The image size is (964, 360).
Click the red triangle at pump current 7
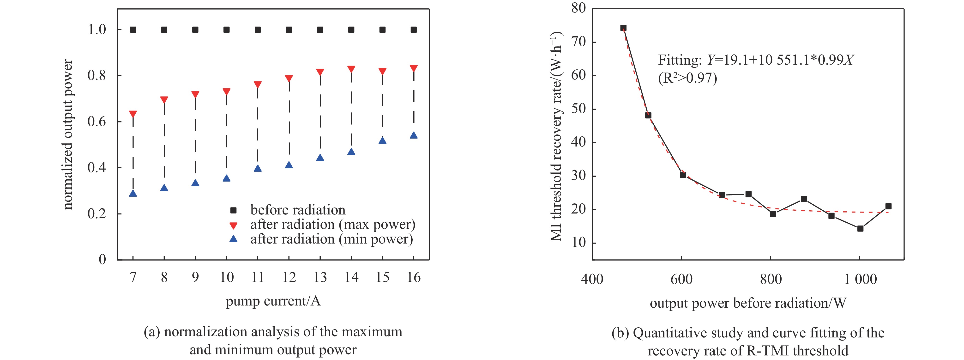[x=133, y=114]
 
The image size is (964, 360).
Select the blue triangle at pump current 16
[x=414, y=135]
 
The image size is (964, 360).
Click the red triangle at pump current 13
[x=320, y=72]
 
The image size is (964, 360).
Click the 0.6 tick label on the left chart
[x=96, y=122]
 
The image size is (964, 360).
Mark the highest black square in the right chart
[x=623, y=28]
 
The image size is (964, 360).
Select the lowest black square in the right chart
[x=860, y=229]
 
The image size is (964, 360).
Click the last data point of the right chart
[x=888, y=206]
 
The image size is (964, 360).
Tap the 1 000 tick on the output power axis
[x=860, y=279]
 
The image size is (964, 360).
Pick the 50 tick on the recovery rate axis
[x=578, y=109]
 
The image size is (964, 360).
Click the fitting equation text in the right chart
[x=756, y=60]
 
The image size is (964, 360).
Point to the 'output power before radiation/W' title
[x=748, y=303]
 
